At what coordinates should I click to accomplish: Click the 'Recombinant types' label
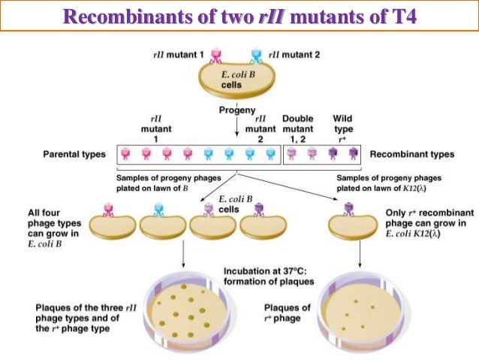(412, 154)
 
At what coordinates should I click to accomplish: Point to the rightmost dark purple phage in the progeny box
(352, 155)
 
